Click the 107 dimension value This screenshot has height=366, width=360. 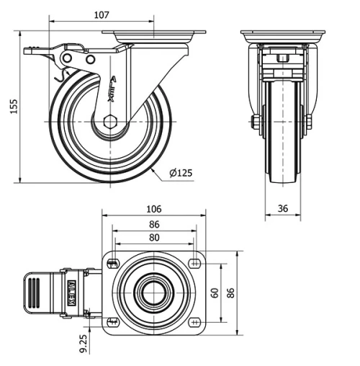[102, 14]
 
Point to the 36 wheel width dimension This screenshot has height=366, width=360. [283, 208]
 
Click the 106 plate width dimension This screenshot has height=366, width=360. [153, 209]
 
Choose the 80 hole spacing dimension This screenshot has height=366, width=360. [153, 238]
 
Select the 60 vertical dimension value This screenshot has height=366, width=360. [214, 293]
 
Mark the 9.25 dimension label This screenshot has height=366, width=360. [85, 343]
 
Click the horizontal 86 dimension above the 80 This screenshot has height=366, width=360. [153, 224]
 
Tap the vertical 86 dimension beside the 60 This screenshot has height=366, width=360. [231, 293]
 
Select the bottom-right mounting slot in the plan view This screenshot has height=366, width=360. [195, 322]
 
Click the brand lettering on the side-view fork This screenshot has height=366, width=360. [113, 91]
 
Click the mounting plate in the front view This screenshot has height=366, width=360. [283, 35]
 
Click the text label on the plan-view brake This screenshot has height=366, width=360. [71, 293]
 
